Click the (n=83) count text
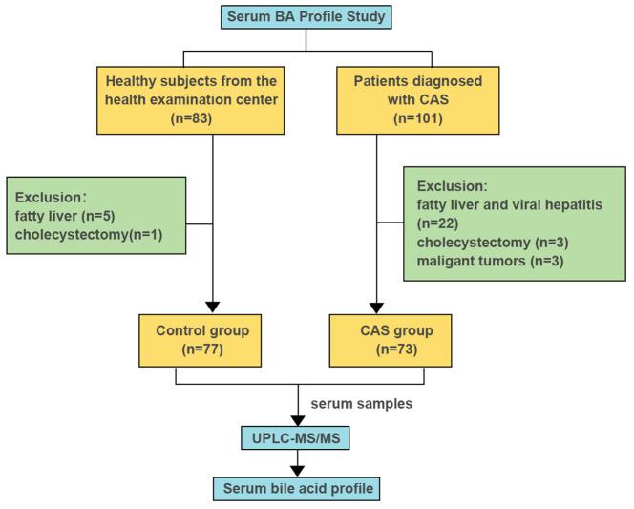tap(211, 120)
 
